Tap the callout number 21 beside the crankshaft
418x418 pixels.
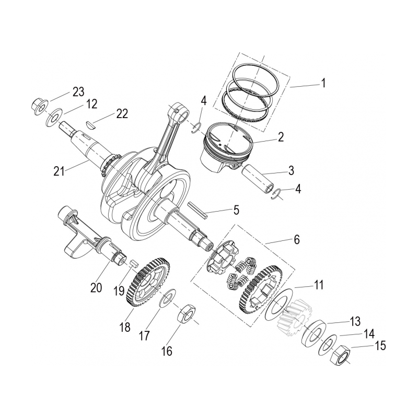[59, 170]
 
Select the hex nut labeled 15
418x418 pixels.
[340, 356]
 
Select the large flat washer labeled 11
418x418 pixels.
[276, 305]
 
